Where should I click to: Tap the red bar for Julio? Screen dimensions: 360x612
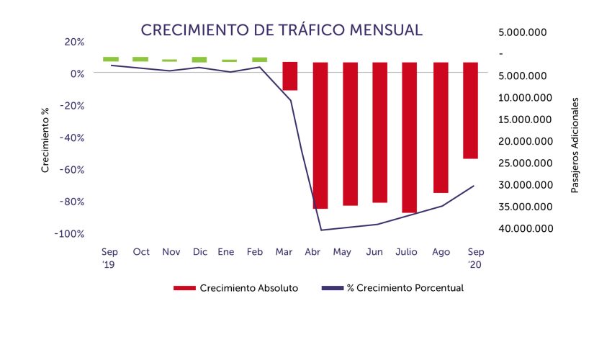pyautogui.click(x=409, y=137)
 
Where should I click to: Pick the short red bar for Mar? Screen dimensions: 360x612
pyautogui.click(x=289, y=76)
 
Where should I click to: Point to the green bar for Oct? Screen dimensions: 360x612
pyautogui.click(x=140, y=59)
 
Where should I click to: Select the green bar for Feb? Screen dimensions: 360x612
pyautogui.click(x=259, y=59)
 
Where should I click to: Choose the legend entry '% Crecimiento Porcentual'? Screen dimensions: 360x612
pyautogui.click(x=405, y=288)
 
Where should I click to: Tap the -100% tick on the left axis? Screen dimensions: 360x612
pyautogui.click(x=69, y=234)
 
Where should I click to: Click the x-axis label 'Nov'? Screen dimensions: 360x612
pyautogui.click(x=171, y=252)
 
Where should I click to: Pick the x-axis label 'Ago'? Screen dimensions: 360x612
pyautogui.click(x=441, y=252)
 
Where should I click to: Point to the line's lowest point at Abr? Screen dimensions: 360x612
pyautogui.click(x=320, y=230)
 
